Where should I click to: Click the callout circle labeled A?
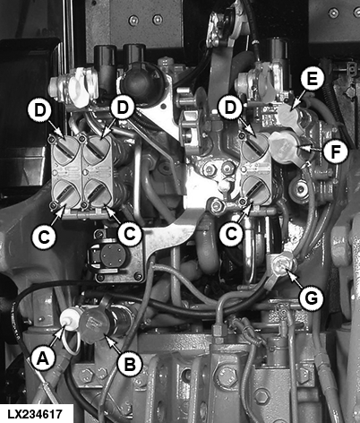point(43,358)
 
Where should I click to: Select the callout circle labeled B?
point(130,363)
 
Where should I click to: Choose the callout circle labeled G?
point(312,298)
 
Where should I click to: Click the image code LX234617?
point(35,414)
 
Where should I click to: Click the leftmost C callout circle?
point(44,237)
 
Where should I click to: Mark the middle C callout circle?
point(130,234)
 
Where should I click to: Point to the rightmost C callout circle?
point(231,234)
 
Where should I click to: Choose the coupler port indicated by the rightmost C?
point(256,190)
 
